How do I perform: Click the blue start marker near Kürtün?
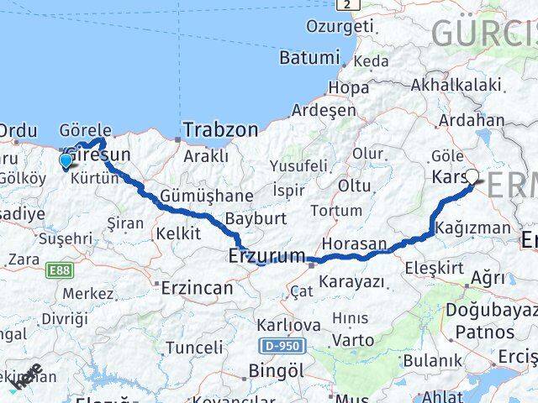click(x=66, y=160)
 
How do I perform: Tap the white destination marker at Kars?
click(x=472, y=177)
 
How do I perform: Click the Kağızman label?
click(x=477, y=228)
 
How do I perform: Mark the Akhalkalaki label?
click(x=456, y=84)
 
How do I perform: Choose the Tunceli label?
click(x=194, y=347)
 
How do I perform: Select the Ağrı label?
click(x=488, y=277)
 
